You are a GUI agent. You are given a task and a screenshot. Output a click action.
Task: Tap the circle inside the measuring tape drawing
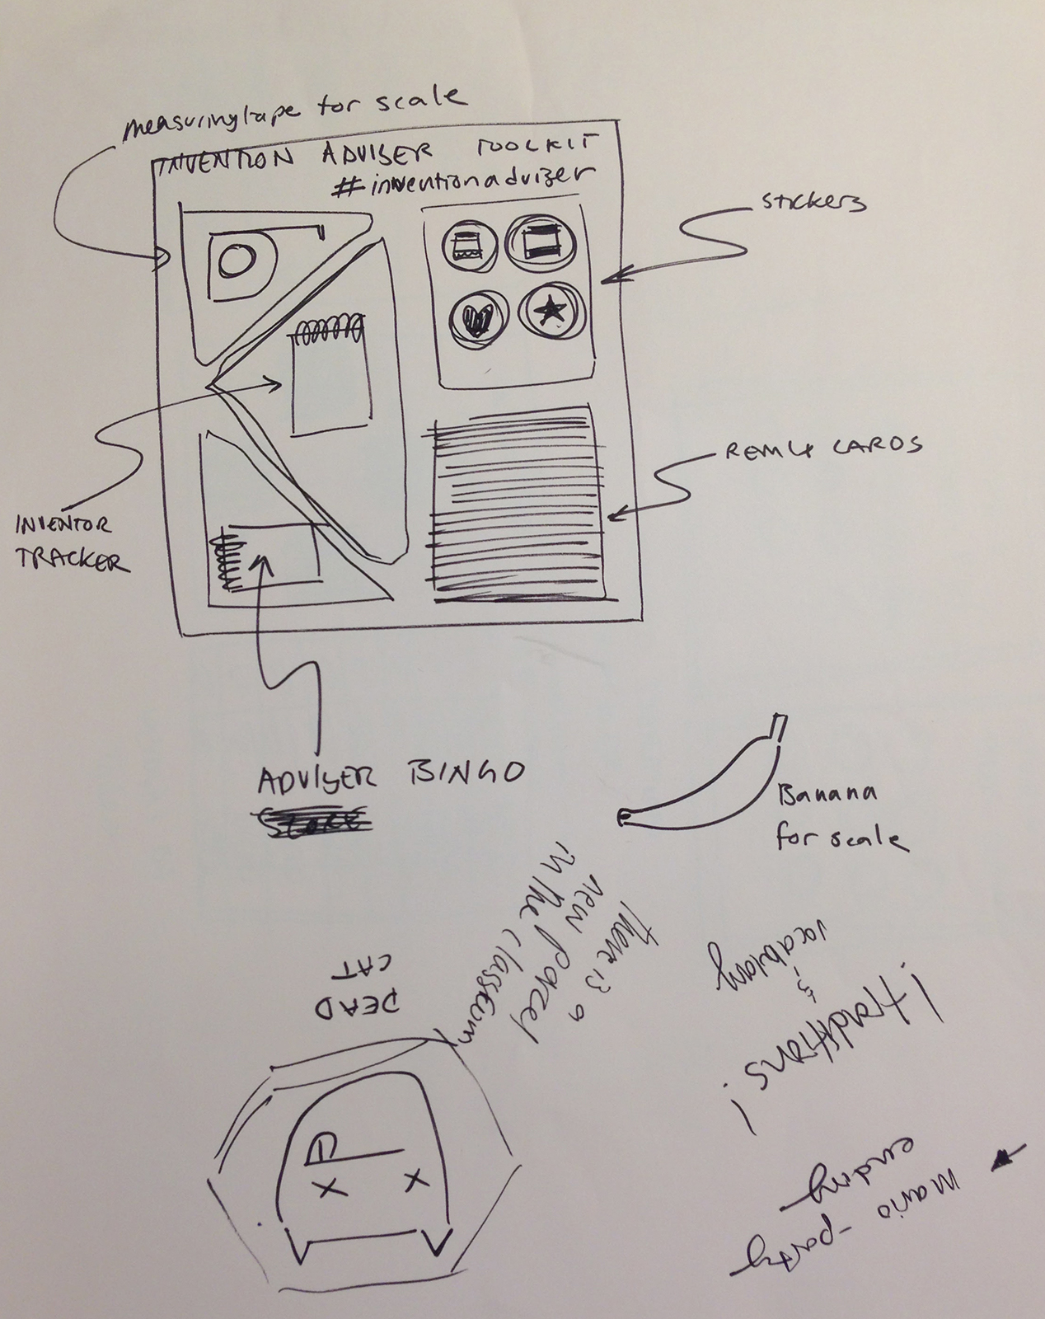coord(239,263)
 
